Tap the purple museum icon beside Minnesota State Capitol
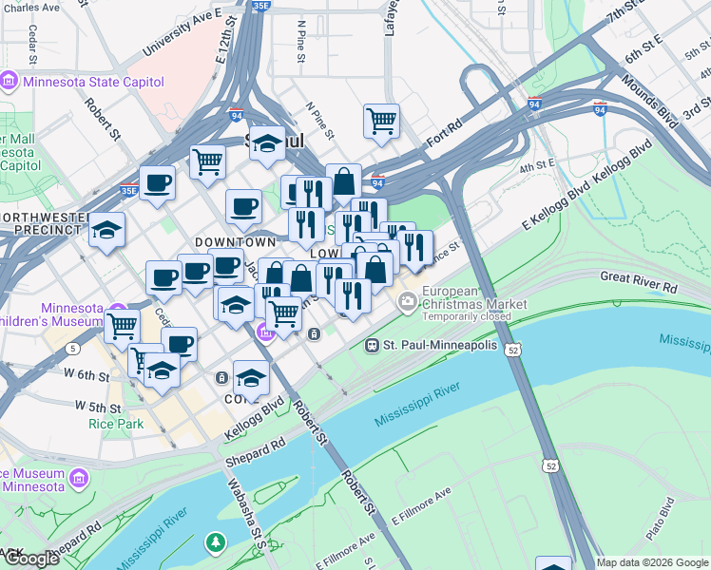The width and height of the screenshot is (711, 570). tap(10, 81)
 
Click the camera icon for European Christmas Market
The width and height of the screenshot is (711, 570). tap(408, 303)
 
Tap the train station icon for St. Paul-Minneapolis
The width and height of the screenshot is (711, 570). tap(373, 344)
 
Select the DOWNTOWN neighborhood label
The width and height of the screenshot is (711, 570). tap(228, 243)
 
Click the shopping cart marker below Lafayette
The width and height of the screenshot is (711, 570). tap(381, 122)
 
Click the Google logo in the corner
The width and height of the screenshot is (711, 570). tap(30, 559)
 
